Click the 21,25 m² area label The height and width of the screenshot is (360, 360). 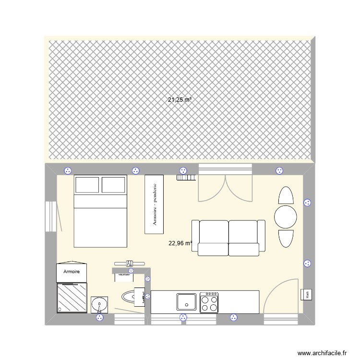(x=180, y=100)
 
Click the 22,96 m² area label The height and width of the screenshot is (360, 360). (x=180, y=243)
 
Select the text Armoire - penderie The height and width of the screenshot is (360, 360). (x=154, y=204)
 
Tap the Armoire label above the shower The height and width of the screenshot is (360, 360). (x=72, y=272)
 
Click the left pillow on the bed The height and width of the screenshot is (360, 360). (x=87, y=185)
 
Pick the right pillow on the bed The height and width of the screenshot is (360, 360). (x=114, y=185)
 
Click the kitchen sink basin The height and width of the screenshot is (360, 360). (x=186, y=302)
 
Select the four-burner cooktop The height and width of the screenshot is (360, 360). (x=210, y=302)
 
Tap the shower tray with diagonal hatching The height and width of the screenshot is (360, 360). (x=72, y=298)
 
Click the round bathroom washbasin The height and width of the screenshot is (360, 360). (x=100, y=304)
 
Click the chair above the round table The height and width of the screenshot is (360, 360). (x=286, y=195)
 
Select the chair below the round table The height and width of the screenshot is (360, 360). (x=286, y=239)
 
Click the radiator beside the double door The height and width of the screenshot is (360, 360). (x=186, y=178)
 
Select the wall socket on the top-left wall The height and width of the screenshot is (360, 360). (x=68, y=170)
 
